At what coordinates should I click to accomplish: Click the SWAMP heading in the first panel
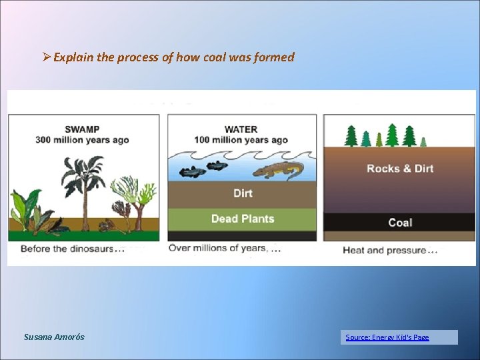[x=82, y=129]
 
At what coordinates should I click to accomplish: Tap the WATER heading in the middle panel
[x=241, y=129]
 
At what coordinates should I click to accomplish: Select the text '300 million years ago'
[x=82, y=141]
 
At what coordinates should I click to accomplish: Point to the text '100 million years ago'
[x=241, y=141]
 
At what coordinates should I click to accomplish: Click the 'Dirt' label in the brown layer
[x=243, y=193]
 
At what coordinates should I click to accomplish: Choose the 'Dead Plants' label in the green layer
[x=243, y=219]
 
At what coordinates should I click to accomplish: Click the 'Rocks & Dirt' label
[x=400, y=169]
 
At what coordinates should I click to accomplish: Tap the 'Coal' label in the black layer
[x=400, y=223]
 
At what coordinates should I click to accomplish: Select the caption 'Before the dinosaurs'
[x=67, y=249]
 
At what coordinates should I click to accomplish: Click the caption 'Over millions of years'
[x=217, y=248]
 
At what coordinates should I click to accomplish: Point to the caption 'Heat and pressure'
[x=384, y=251]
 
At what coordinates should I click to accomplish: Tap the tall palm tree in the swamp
[x=83, y=180]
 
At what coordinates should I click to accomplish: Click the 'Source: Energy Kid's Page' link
[x=387, y=337]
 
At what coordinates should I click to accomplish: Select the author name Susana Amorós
[x=54, y=337]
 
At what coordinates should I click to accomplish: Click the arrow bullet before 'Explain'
[x=46, y=57]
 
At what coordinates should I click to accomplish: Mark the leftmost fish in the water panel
[x=193, y=172]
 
